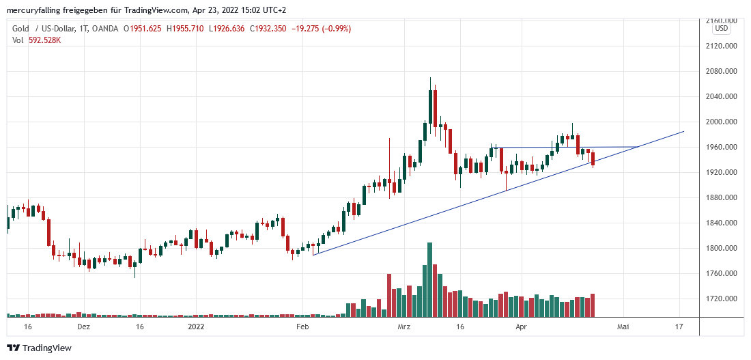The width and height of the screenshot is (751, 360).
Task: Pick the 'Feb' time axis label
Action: point(302,327)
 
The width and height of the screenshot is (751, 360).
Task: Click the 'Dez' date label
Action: point(83,327)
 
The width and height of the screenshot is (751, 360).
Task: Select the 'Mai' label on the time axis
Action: point(623,327)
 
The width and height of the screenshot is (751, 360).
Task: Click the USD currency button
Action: point(722,29)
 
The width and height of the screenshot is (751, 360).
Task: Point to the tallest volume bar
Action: point(430,279)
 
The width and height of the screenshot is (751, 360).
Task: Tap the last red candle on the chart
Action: point(593,159)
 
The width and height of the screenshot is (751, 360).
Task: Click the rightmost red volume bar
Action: point(593,305)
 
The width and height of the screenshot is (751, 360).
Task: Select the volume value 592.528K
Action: point(45,40)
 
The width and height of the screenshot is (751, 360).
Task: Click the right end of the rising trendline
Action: point(683,131)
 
